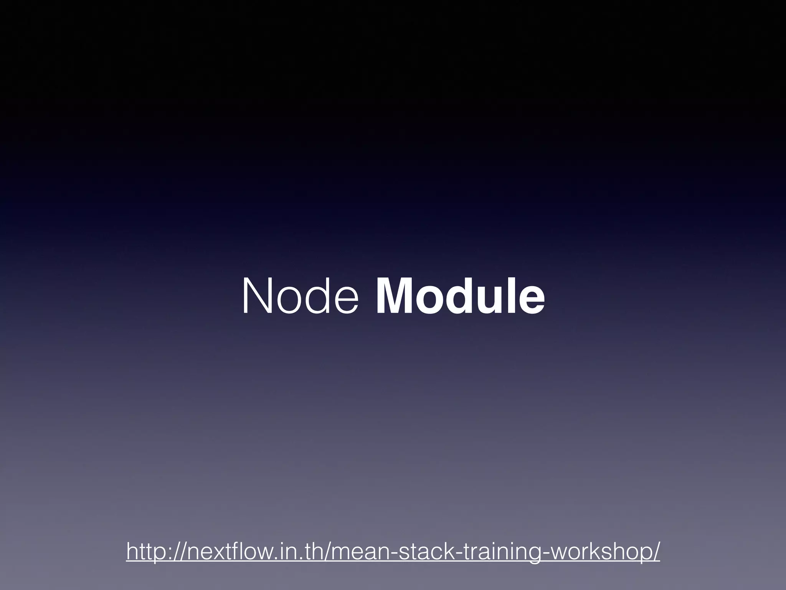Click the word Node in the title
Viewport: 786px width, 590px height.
pyautogui.click(x=301, y=297)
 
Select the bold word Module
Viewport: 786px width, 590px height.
pyautogui.click(x=460, y=297)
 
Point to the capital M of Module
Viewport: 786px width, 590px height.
pyautogui.click(x=396, y=297)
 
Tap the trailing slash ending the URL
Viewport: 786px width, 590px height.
pyautogui.click(x=656, y=552)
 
